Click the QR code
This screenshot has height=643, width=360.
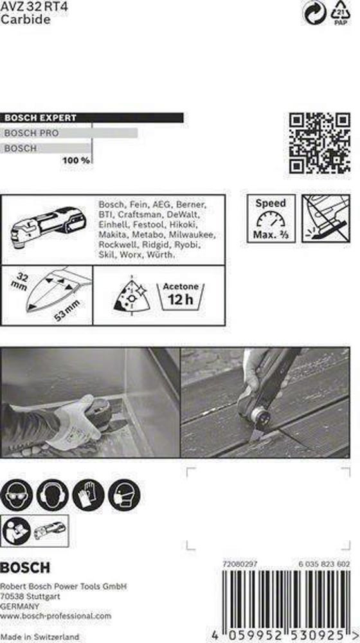pos(319,143)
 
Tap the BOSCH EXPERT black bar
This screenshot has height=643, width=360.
pos(92,118)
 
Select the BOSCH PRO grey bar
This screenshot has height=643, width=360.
pos(69,133)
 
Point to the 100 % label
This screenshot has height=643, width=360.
pos(76,160)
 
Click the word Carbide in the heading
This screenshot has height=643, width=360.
pos(26,19)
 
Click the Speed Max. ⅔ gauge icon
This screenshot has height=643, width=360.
pos(271,219)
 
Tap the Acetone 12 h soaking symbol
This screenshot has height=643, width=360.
pos(181,296)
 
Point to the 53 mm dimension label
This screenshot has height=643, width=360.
pos(67,311)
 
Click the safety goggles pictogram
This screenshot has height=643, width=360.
pos(17,495)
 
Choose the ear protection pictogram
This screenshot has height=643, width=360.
pos(52,495)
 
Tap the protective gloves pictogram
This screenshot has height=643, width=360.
pos(88,495)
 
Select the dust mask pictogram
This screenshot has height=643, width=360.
pos(124,495)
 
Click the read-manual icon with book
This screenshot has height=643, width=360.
pos(17,530)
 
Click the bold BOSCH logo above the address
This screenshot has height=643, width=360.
pos(25,568)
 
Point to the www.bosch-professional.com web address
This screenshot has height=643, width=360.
pos(55,615)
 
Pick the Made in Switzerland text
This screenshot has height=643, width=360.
pos(39,637)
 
